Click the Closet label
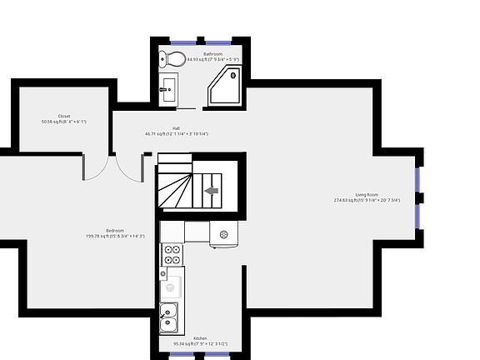pos(64,116)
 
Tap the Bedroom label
pos(115,230)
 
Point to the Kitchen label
pos(200,338)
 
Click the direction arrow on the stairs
pos(212,191)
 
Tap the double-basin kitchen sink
pos(169,317)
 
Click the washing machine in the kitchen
pos(225,235)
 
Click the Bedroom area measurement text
pos(115,236)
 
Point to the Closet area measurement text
pos(64,122)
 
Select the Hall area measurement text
pos(176,133)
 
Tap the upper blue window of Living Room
pos(417,179)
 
